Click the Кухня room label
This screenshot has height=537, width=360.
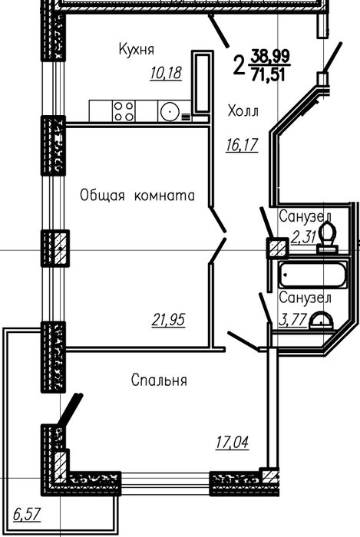(137, 49)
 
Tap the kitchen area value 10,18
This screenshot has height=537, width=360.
(166, 73)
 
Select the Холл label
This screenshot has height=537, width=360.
(243, 111)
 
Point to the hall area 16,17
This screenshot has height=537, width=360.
(242, 145)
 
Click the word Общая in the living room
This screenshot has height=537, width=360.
(102, 196)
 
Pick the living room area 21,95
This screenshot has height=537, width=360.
(168, 320)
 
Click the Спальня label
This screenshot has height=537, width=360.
(159, 381)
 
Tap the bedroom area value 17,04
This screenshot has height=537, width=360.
(232, 442)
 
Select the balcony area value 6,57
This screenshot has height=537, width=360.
(27, 515)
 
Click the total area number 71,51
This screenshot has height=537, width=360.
(268, 74)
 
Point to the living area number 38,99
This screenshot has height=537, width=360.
(270, 56)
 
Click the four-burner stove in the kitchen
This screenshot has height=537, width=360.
(124, 111)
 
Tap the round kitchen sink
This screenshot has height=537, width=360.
(169, 112)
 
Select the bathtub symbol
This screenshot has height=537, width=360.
(312, 275)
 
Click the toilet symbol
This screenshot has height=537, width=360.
(327, 237)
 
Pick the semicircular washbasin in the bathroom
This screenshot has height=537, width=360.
(321, 321)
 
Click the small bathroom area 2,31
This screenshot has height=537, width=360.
(303, 236)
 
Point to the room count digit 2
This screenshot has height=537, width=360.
(239, 65)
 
